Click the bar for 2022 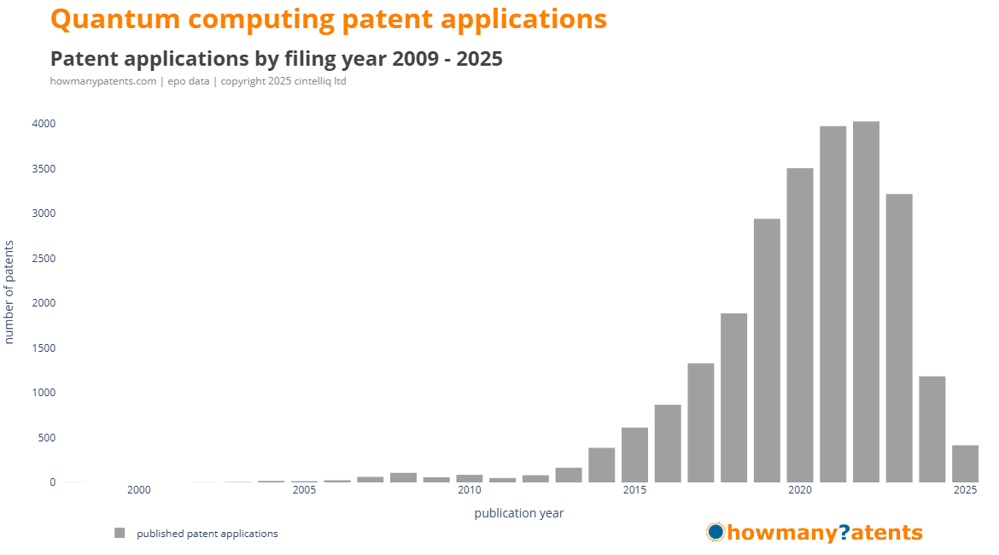(x=866, y=302)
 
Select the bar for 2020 (x=800, y=325)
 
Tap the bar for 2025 (x=965, y=464)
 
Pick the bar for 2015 (x=634, y=455)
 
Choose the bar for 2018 (x=733, y=398)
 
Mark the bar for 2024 (x=932, y=429)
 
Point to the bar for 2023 (x=899, y=338)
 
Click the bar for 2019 (x=767, y=350)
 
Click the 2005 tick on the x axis (x=304, y=490)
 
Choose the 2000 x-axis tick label (x=138, y=490)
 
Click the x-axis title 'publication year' (x=518, y=513)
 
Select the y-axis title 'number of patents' (x=9, y=292)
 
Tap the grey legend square (x=120, y=534)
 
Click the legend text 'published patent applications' (x=207, y=534)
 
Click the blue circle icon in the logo (x=716, y=532)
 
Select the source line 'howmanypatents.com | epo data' (x=127, y=81)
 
